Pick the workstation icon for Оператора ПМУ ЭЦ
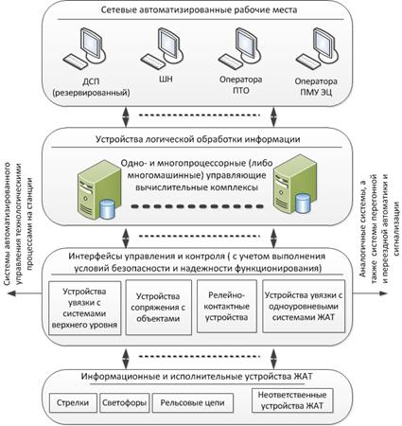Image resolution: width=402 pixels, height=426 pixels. pos(317,48)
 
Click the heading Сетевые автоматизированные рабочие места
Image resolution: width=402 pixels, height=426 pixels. pos(199,9)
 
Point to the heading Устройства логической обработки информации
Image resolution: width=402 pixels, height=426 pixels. pos(198,139)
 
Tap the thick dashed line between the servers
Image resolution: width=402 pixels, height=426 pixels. pos(197,206)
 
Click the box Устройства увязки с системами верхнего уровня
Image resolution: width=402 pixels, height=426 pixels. pos(85,308)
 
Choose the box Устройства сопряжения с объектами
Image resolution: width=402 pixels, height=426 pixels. pos(159,308)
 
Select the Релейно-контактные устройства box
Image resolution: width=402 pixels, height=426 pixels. pos(226,307)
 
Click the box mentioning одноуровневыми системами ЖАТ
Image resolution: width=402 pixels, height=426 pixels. pos(304,306)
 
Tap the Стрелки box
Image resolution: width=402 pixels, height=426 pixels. pos(73,403)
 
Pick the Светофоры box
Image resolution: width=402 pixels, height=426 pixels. pos(125,403)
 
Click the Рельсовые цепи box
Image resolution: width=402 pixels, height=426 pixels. pos(193,403)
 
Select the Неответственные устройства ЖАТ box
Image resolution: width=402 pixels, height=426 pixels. pos(292,400)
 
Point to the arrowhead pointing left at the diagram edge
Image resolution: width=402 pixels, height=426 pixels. pos(12,293)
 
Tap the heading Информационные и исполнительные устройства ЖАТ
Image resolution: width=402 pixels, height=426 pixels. pos(197,377)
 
